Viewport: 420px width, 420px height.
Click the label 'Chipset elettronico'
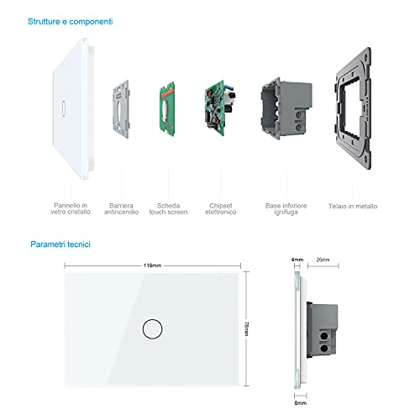tap(221, 207)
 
